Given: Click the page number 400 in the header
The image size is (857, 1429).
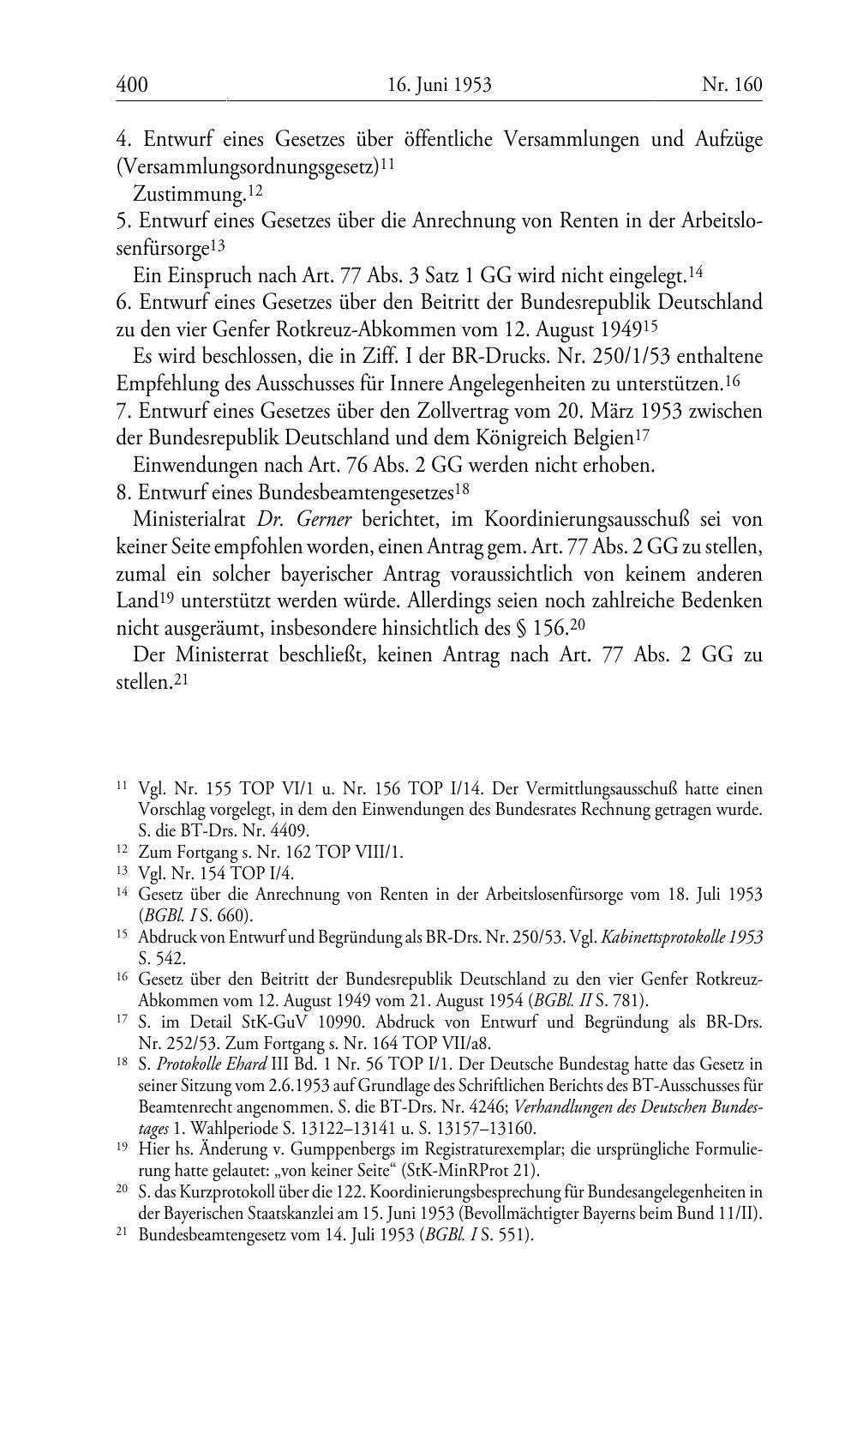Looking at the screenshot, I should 132,84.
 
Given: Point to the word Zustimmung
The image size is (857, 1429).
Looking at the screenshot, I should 189,196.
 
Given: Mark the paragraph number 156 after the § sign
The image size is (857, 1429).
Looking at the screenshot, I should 549,628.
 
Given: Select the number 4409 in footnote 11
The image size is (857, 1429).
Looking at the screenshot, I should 291,830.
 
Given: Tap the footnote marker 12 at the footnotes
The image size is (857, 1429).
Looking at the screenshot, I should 122,852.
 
